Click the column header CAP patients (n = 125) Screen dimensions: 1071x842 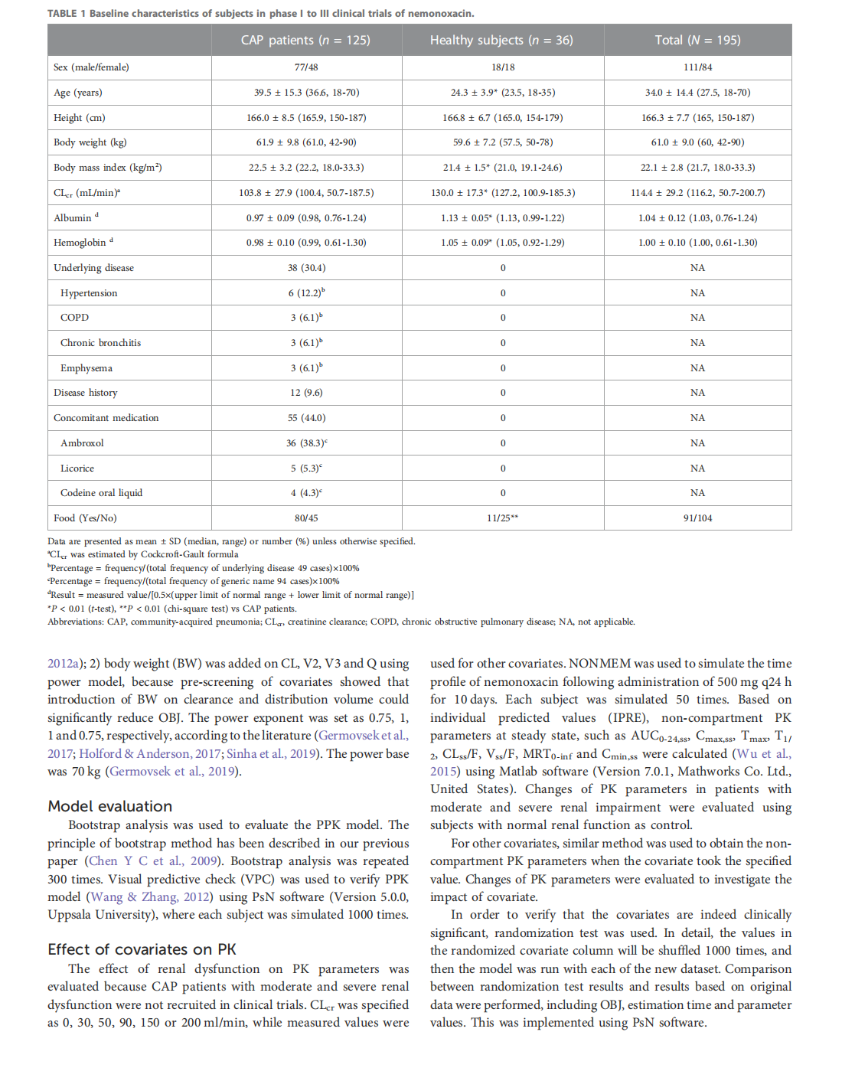[305, 40]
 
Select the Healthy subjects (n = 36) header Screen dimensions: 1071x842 [501, 40]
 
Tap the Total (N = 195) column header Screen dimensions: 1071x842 [697, 40]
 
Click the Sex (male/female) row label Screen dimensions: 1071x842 [91, 67]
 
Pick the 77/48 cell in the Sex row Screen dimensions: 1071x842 [306, 67]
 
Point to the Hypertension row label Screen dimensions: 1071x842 [89, 293]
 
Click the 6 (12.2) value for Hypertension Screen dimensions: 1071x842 [305, 293]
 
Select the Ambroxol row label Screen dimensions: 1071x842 [82, 443]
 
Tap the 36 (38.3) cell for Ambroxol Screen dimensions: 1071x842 [305, 443]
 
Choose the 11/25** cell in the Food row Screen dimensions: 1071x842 [502, 518]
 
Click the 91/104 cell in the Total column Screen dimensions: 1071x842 [697, 518]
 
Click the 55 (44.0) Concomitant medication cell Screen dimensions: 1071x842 [306, 418]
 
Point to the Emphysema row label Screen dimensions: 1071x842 [86, 368]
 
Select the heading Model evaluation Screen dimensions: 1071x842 [110, 806]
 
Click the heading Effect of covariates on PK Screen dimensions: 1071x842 [142, 949]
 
